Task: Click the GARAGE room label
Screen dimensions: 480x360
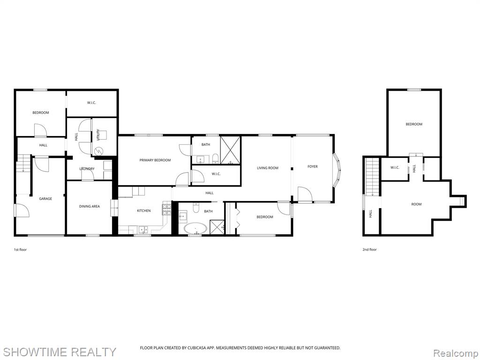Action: point(45,199)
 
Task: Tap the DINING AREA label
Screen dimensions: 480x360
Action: point(90,206)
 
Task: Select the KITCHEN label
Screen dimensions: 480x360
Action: point(143,210)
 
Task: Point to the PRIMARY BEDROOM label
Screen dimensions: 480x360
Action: point(155,160)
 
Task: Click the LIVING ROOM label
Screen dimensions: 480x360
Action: point(268,168)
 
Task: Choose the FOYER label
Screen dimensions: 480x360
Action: point(313,166)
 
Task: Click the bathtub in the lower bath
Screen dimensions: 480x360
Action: point(195,229)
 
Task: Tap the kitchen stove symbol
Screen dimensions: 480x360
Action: point(166,210)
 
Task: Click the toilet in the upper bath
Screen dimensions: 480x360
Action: point(215,158)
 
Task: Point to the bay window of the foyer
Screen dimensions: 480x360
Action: point(337,169)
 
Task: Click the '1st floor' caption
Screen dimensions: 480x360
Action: point(20,249)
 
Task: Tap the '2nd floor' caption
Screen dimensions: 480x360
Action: point(369,249)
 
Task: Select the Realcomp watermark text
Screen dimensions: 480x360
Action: point(456,353)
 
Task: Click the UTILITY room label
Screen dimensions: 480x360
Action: point(98,135)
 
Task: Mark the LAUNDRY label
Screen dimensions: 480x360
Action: point(87,169)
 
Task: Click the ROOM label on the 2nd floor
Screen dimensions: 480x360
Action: point(416,204)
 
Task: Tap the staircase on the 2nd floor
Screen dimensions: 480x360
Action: point(372,177)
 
